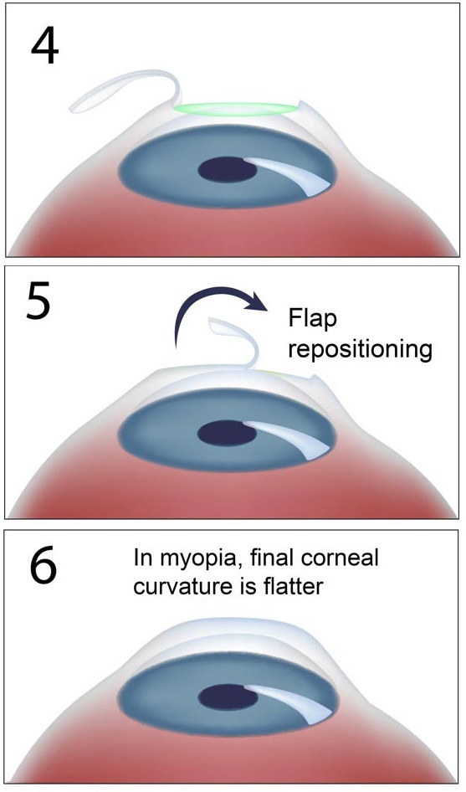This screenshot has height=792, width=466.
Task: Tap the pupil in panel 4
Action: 228,172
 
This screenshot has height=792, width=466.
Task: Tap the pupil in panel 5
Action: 227,433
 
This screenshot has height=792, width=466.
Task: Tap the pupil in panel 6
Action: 228,699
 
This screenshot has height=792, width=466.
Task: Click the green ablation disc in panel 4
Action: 235,109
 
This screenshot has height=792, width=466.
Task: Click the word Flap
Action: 313,319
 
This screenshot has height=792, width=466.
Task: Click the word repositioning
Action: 361,350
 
